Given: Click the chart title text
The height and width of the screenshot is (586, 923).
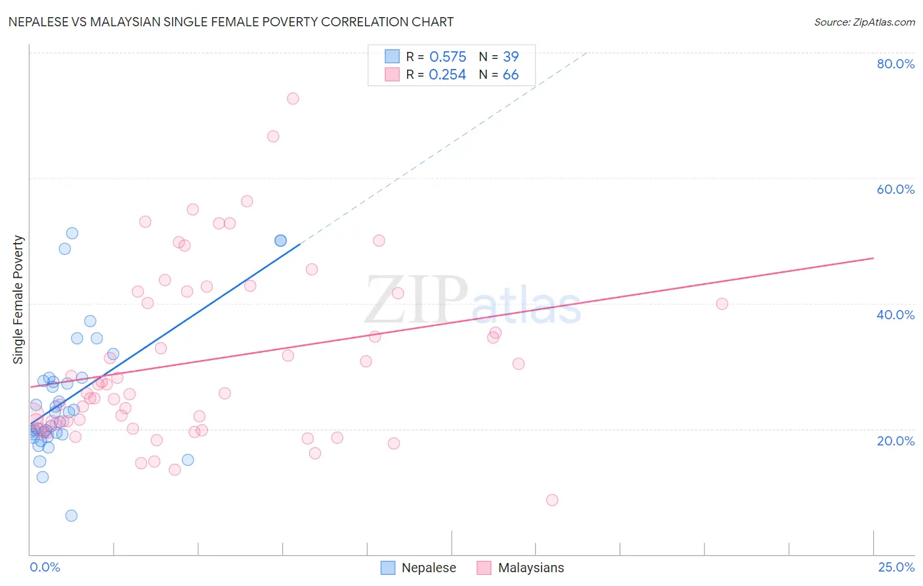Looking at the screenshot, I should (x=231, y=22).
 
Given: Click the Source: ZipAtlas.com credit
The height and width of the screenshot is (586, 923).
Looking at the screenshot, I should (x=864, y=22).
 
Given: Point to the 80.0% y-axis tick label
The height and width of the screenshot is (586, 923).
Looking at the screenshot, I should (x=895, y=64).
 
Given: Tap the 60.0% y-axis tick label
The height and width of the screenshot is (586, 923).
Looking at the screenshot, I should (x=895, y=189).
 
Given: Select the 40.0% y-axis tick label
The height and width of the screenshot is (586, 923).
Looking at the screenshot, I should (x=895, y=315).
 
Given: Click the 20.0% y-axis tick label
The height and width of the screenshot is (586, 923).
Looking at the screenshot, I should (x=895, y=441).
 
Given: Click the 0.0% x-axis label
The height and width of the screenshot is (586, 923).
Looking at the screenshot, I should (x=45, y=567).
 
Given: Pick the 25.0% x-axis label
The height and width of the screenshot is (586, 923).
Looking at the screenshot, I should (x=896, y=567).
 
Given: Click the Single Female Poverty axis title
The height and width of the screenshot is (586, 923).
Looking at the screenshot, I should (x=18, y=300).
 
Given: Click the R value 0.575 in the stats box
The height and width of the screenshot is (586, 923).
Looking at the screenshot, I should (x=448, y=57).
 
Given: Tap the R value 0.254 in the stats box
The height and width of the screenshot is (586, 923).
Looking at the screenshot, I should (x=448, y=75).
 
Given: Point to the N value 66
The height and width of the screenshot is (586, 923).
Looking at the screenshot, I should (x=511, y=75).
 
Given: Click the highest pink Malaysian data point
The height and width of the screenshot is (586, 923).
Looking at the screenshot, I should (x=293, y=99).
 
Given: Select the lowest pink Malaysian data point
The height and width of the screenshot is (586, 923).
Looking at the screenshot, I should (x=552, y=500).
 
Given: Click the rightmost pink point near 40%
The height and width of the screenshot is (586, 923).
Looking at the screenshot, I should (x=722, y=304).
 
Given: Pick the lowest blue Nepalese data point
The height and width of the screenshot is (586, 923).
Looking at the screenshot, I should (x=72, y=516).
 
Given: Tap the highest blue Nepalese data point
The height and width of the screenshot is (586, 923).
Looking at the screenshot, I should (x=72, y=233).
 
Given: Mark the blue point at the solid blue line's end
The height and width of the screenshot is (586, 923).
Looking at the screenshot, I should (x=280, y=240).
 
